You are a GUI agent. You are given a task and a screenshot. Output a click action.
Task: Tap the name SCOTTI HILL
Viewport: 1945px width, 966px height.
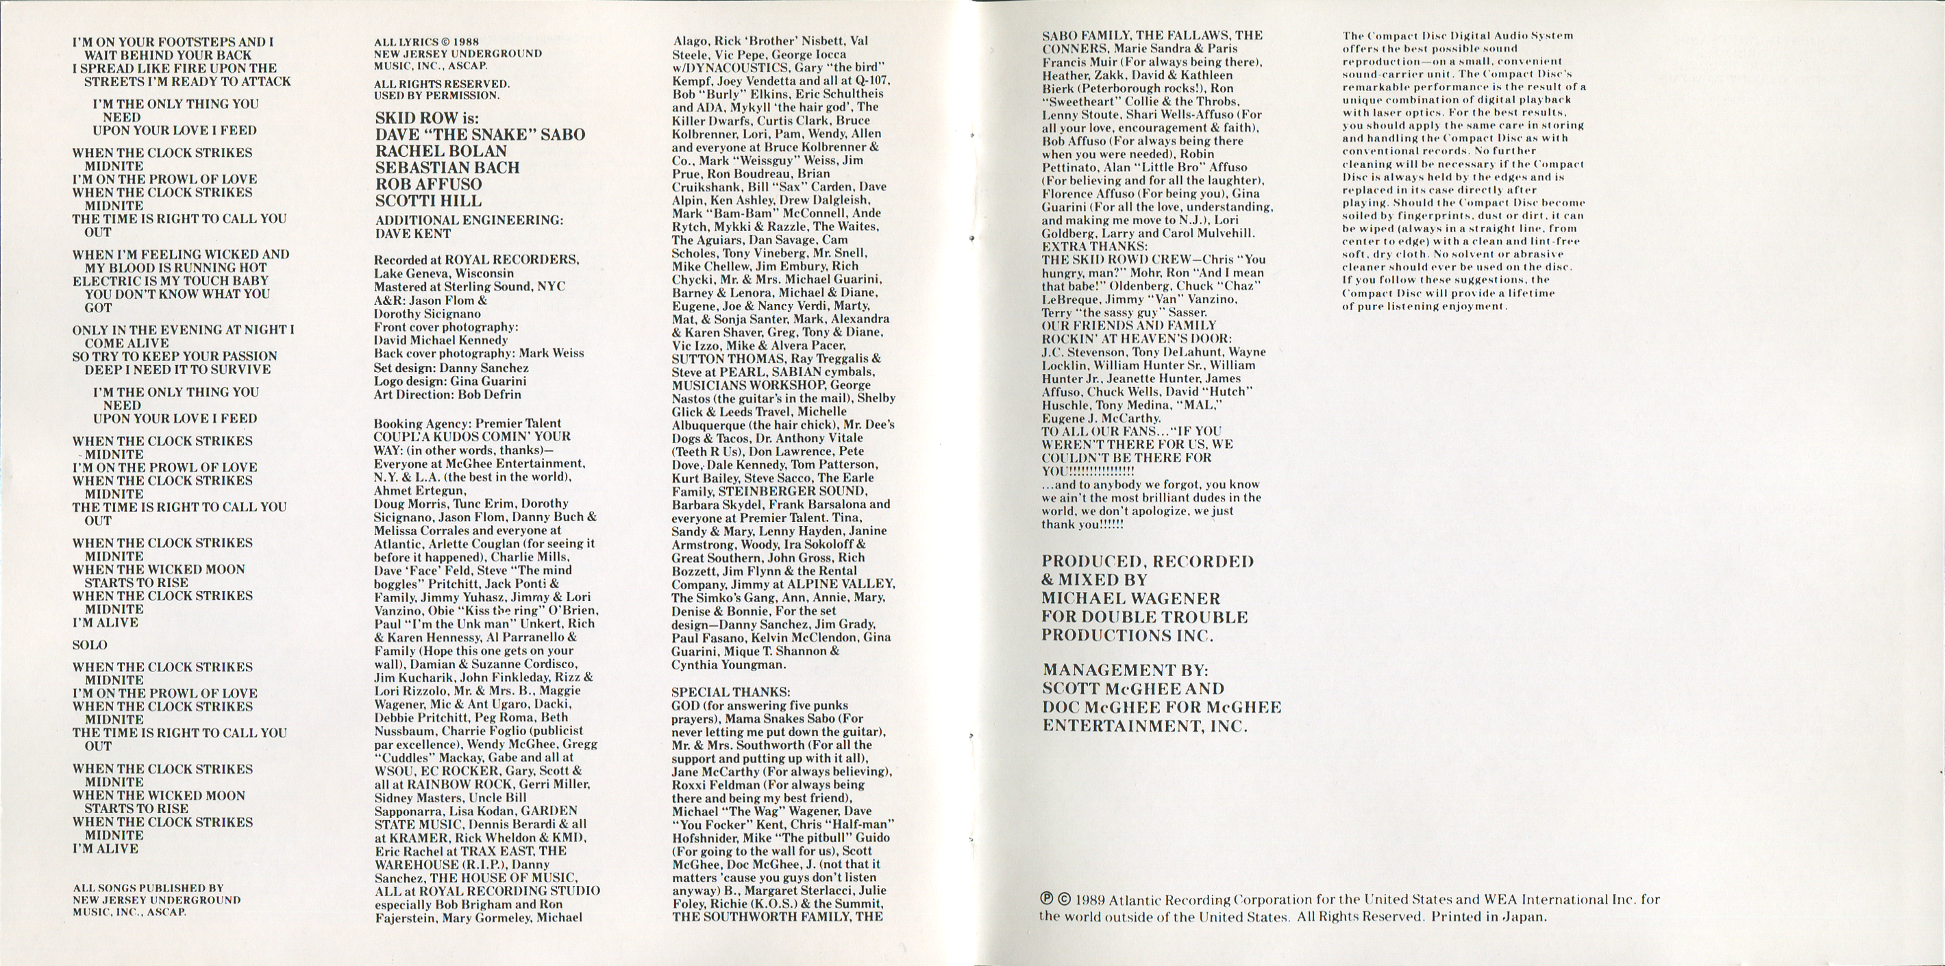pyautogui.click(x=428, y=201)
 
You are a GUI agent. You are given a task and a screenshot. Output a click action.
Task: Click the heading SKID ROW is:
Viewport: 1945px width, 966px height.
pyautogui.click(x=427, y=118)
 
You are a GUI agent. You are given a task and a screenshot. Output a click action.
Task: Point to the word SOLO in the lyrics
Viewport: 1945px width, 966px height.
pyautogui.click(x=90, y=645)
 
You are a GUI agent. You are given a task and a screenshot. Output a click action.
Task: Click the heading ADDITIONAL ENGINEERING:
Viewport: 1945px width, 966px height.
pyautogui.click(x=469, y=221)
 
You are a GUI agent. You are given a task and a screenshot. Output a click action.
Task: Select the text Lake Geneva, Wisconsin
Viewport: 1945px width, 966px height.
pyautogui.click(x=444, y=273)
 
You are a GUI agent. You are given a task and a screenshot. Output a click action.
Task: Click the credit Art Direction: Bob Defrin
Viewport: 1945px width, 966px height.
pyautogui.click(x=447, y=394)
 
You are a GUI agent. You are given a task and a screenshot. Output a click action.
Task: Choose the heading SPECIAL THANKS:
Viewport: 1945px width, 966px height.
pyautogui.click(x=731, y=692)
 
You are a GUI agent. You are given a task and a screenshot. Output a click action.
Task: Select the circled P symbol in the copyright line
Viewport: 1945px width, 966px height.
pyautogui.click(x=1047, y=900)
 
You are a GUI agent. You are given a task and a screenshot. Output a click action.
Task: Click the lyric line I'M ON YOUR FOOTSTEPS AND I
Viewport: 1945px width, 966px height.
pyautogui.click(x=173, y=42)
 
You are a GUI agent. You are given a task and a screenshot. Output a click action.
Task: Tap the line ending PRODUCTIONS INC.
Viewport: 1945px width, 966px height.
pyautogui.click(x=1127, y=636)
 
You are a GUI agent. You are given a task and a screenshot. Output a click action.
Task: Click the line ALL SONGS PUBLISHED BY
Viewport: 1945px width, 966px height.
pyautogui.click(x=148, y=888)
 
